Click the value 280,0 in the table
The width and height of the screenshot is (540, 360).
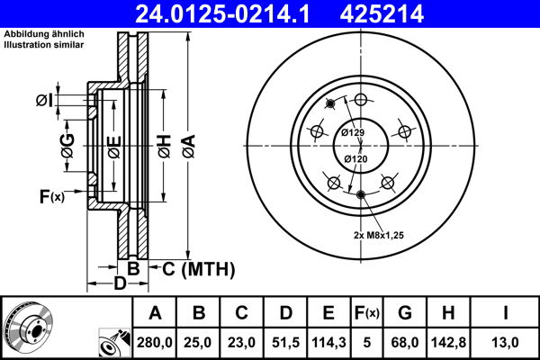click(154, 340)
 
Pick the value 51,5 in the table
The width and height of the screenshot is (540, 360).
click(284, 340)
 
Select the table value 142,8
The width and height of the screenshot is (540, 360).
click(448, 340)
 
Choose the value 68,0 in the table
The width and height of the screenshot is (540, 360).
click(405, 340)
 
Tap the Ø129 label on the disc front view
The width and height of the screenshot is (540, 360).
click(352, 133)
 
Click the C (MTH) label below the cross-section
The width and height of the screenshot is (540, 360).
click(197, 268)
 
